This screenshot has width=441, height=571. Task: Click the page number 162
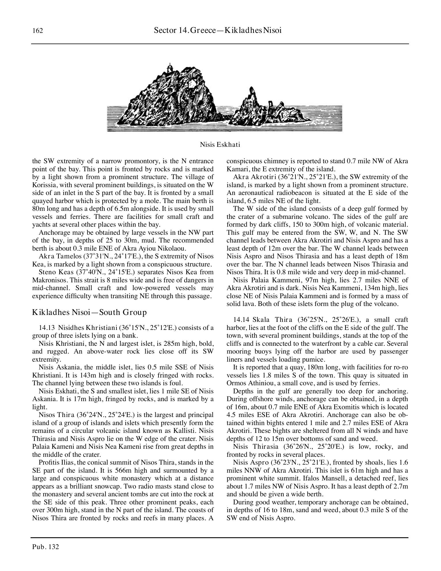[x=38, y=31]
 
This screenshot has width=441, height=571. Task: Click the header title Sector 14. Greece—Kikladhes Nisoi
[x=218, y=30]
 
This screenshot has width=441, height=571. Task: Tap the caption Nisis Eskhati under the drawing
[x=220, y=144]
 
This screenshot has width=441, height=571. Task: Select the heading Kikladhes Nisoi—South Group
[x=89, y=312]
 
